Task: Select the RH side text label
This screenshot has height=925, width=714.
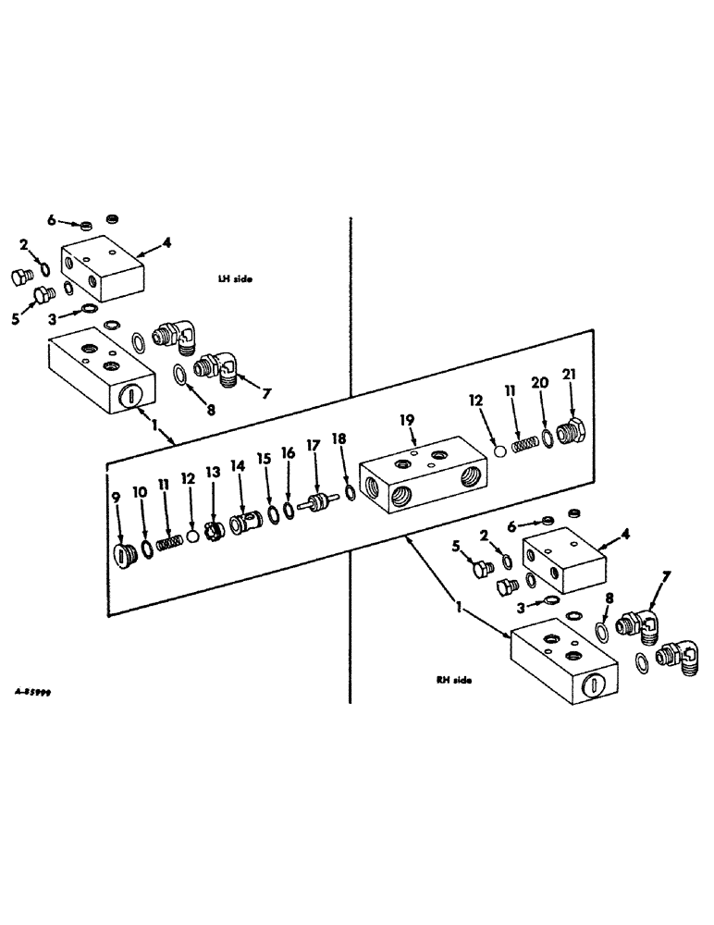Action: click(454, 679)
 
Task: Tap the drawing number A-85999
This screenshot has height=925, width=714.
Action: click(31, 691)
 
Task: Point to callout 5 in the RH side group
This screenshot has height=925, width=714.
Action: click(455, 545)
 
